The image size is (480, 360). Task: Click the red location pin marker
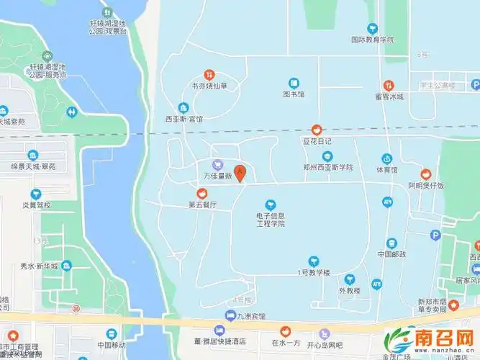point(242,174)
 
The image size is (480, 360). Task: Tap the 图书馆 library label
point(294,94)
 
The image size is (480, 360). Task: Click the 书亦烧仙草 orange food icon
point(209,73)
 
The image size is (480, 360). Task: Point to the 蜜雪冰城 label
point(389,96)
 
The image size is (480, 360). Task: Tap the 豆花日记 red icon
point(316,130)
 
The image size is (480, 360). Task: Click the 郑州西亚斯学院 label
point(328,167)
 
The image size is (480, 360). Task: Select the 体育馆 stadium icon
point(386,158)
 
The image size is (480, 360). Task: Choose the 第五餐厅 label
point(202,204)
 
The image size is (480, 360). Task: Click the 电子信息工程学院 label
point(271,220)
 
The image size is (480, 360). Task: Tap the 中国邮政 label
point(391,254)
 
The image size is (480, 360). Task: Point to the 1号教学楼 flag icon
point(314,261)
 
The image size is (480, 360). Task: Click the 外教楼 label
point(349,291)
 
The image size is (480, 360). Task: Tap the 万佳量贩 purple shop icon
point(217,164)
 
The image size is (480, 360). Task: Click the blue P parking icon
point(435,235)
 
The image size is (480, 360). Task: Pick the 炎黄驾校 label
point(36,204)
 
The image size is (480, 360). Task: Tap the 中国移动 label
point(112,345)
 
